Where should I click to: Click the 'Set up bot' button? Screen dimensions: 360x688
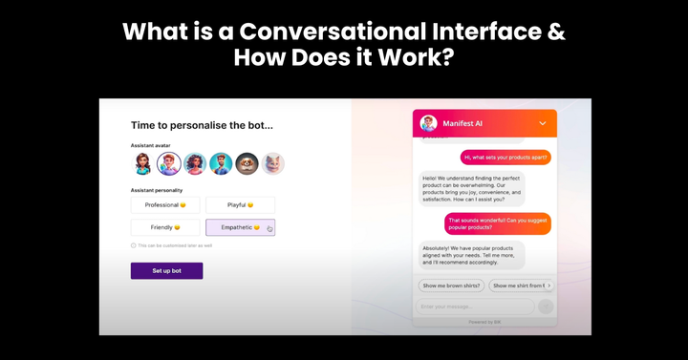click(x=166, y=270)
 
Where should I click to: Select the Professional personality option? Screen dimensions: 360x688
click(x=165, y=204)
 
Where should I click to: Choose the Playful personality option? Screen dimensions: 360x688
click(x=240, y=204)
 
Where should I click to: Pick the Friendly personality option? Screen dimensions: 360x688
click(x=165, y=227)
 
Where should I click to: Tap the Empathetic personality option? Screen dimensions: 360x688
click(x=240, y=227)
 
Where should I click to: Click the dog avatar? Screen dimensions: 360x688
click(x=247, y=163)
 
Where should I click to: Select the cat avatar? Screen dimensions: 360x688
click(x=273, y=163)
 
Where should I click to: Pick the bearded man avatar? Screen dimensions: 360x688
click(x=221, y=163)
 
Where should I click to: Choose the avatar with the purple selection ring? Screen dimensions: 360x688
click(x=169, y=163)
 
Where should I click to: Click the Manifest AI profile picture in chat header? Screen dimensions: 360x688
click(x=428, y=123)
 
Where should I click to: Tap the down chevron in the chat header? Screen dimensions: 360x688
click(x=543, y=123)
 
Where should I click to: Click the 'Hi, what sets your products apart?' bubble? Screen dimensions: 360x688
click(x=505, y=157)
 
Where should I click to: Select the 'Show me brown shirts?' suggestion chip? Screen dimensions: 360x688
click(x=451, y=285)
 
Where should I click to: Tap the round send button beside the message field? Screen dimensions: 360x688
click(x=546, y=307)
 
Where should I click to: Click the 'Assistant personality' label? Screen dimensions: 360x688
click(x=156, y=189)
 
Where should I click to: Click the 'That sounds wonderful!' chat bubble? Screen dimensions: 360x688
click(x=498, y=223)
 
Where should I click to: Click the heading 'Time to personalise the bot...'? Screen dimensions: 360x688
click(x=202, y=125)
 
